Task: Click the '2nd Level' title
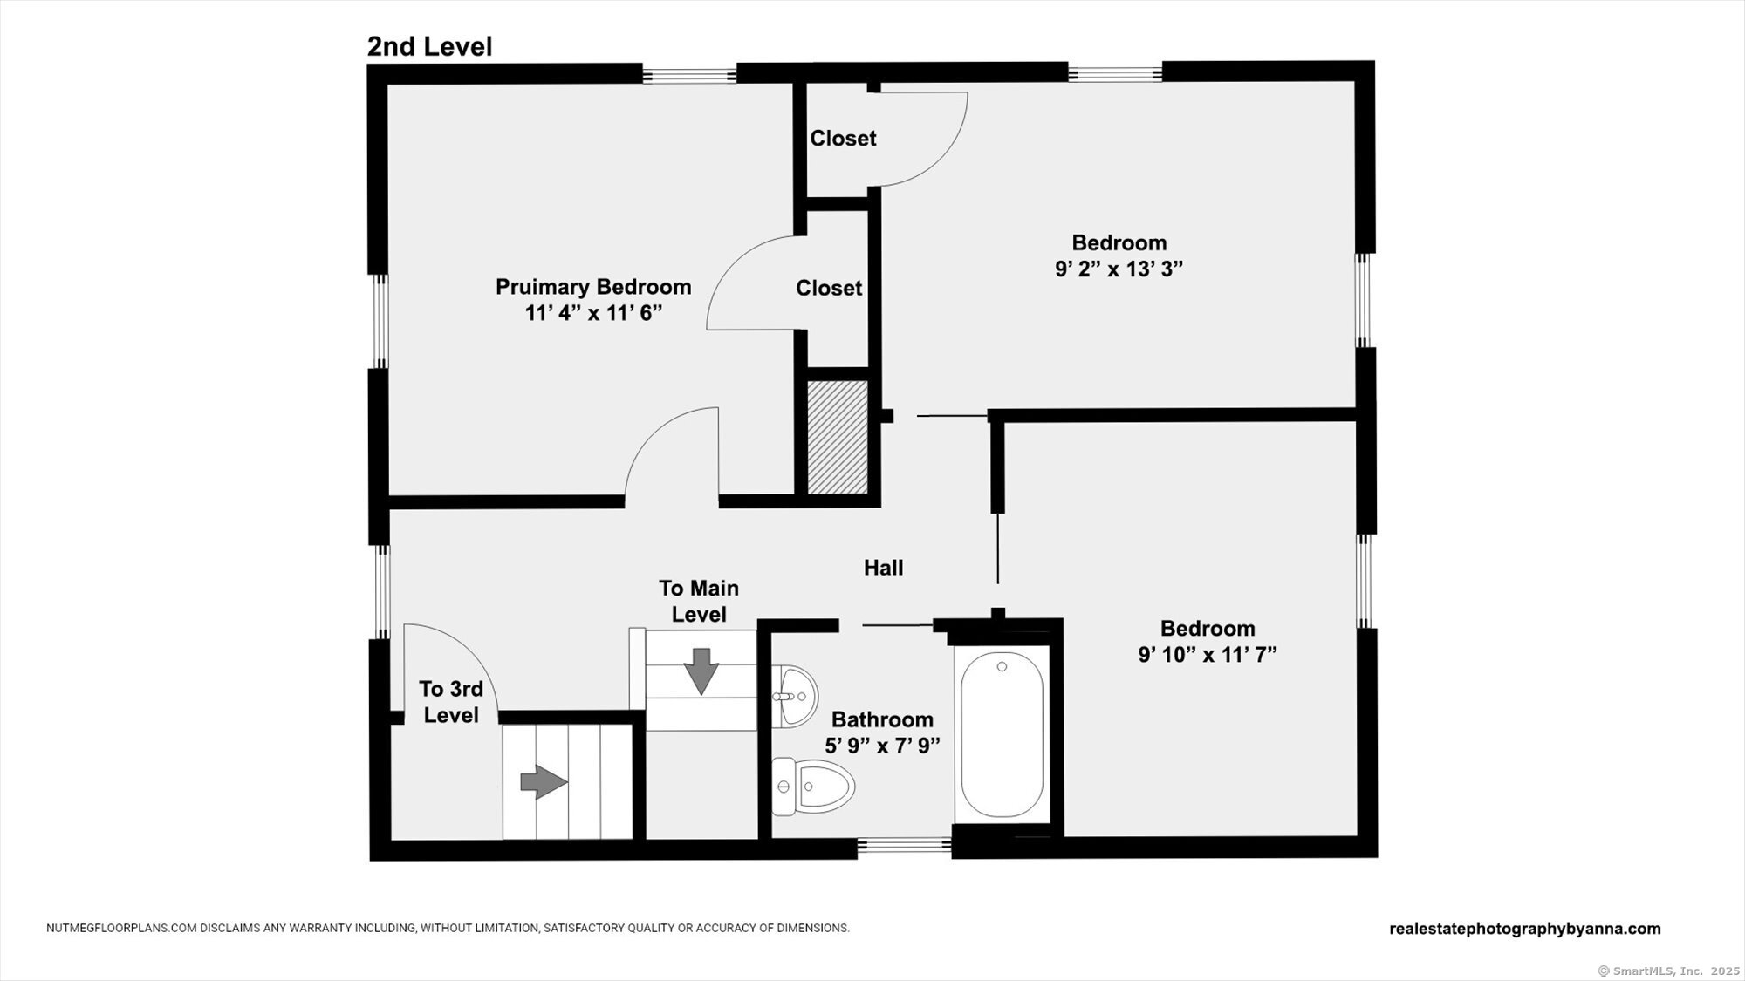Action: point(429,46)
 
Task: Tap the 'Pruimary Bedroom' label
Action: point(593,287)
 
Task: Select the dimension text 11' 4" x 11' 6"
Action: point(593,313)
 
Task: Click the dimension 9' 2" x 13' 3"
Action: point(1119,269)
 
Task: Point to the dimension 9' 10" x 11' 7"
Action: point(1208,655)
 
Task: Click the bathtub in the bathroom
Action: point(1002,734)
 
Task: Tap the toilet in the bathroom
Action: point(812,787)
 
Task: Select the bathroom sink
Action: point(795,695)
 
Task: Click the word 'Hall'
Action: point(883,568)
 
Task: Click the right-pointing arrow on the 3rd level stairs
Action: point(544,782)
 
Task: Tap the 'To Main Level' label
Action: point(699,601)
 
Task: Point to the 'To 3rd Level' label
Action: point(451,702)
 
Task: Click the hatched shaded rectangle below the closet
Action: point(838,437)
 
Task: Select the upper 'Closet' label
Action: point(843,138)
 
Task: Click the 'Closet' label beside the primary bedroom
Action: point(829,288)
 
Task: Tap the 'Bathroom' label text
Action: point(882,719)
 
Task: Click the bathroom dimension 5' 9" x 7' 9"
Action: point(882,746)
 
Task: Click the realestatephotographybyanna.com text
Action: point(1525,929)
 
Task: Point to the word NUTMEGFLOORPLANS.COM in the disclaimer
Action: point(121,929)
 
